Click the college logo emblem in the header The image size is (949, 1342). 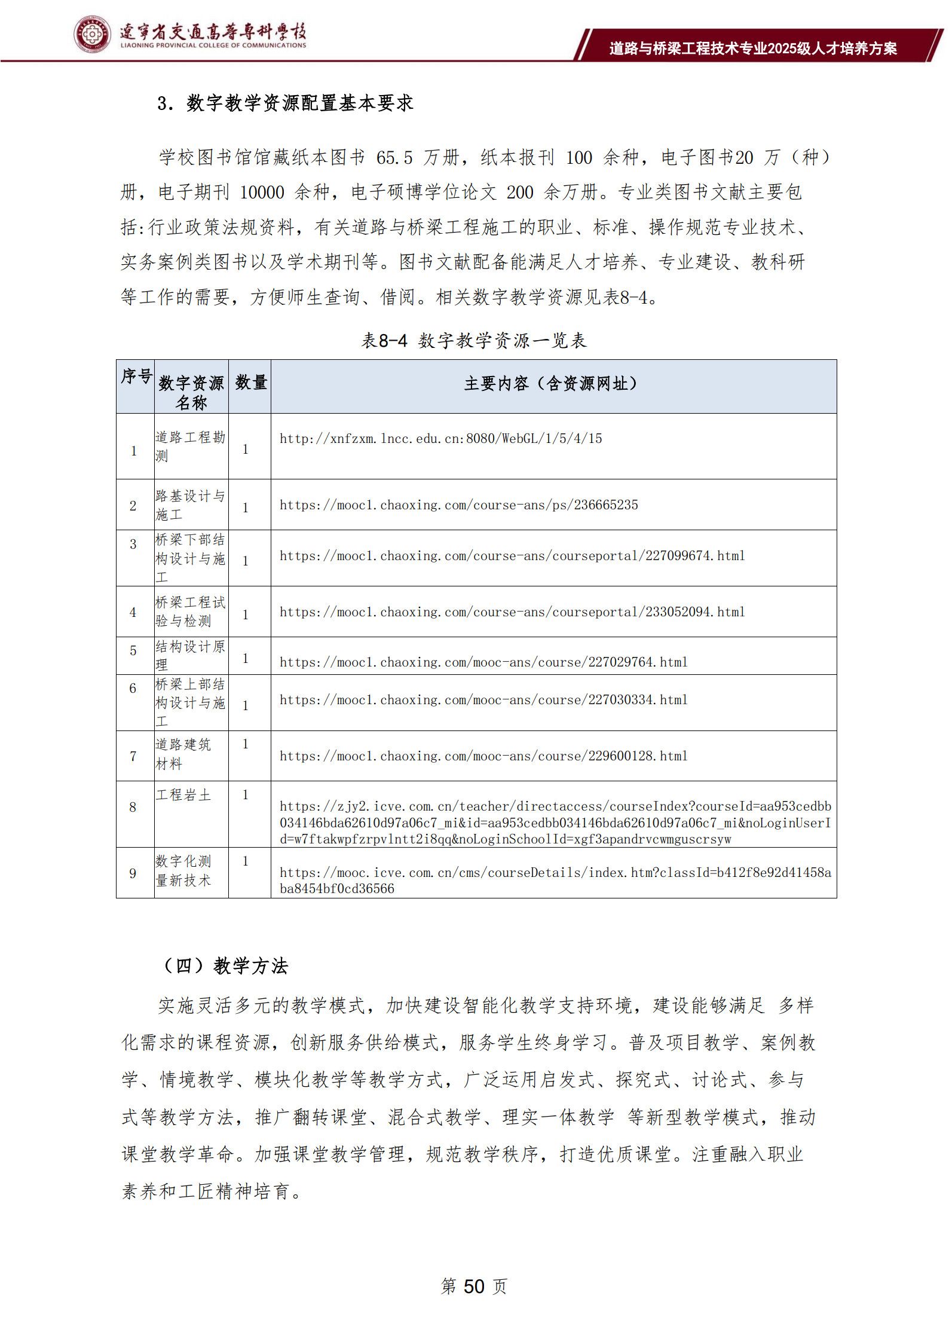point(92,35)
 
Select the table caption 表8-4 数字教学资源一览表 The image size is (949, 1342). point(474,341)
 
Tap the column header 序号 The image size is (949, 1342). point(136,377)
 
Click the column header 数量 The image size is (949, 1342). point(250,383)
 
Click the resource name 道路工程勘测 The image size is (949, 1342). point(190,446)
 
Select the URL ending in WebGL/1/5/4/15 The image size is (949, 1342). point(440,439)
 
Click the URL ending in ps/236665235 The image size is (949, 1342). point(458,505)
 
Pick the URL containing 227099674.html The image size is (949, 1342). point(512,556)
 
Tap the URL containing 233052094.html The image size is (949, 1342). point(512,612)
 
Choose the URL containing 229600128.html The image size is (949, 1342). point(483,756)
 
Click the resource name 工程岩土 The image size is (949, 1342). point(183,795)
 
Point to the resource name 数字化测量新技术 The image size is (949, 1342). point(183,870)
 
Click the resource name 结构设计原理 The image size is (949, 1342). point(190,655)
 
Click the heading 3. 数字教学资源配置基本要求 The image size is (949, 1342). point(285,103)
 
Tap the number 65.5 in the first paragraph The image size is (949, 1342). point(394,158)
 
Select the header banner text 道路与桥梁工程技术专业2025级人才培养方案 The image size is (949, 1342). point(753,48)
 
